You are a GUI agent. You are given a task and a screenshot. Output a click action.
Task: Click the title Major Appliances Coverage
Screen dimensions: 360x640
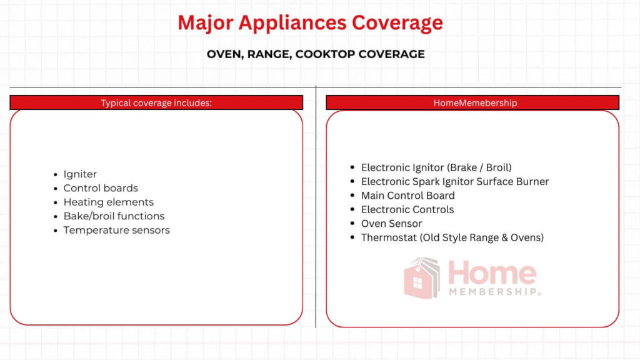coord(310,23)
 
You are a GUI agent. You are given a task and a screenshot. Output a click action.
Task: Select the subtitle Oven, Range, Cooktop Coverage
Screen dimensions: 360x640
coord(316,54)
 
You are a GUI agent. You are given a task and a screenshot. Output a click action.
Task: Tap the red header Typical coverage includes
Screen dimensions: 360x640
coord(156,102)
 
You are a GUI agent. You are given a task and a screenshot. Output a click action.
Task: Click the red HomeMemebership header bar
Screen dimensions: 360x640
coord(472,102)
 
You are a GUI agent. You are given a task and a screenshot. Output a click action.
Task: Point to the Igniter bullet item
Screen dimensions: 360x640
coord(80,174)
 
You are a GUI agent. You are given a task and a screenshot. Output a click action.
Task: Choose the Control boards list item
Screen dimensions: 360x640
coord(101,188)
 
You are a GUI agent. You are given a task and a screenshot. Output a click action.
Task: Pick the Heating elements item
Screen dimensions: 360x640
coord(108,202)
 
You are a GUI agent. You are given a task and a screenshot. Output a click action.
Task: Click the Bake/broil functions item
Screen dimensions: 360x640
coord(114,216)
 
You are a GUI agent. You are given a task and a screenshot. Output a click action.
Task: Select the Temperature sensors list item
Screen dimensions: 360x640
coord(116,230)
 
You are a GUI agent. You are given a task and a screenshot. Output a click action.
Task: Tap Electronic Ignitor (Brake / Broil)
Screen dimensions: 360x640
coord(436,167)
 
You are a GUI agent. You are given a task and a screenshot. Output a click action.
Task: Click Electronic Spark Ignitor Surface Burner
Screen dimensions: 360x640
coord(455,182)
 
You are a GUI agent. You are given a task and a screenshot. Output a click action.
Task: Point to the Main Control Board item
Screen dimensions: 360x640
coord(407,196)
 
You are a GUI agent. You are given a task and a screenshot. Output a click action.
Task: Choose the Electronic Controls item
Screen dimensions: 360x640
coord(407,209)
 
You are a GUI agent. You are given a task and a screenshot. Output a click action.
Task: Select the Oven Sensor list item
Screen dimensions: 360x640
coord(391,224)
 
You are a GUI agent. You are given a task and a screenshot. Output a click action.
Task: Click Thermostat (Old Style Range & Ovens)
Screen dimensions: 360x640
coord(452,237)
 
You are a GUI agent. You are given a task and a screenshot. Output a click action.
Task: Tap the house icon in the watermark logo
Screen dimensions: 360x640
coord(422,278)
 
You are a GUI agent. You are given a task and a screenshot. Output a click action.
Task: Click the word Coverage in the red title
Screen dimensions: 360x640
coord(397,23)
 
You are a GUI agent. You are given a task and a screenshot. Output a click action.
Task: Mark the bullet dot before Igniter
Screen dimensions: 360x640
coord(56,175)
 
